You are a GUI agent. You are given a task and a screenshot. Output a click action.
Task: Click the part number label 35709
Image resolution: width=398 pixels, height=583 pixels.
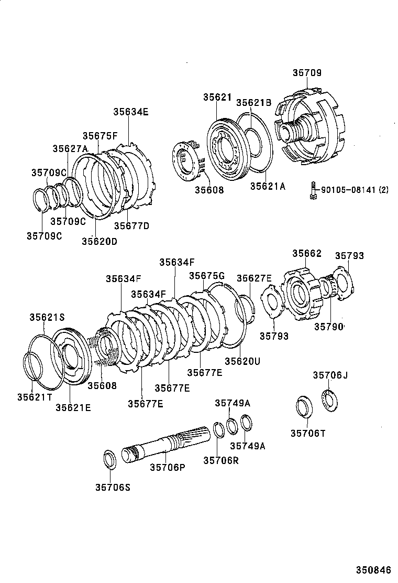click(x=307, y=73)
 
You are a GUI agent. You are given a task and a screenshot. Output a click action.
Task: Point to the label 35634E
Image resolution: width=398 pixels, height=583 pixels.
click(x=130, y=111)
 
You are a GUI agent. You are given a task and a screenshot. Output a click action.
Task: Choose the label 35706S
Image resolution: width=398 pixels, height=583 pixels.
click(x=113, y=487)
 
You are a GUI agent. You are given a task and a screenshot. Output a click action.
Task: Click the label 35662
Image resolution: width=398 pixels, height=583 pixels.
click(x=307, y=253)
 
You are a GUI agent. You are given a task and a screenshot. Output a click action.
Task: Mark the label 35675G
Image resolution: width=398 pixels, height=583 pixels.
click(x=206, y=275)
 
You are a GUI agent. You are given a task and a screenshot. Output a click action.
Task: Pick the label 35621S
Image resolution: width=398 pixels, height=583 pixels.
click(x=47, y=317)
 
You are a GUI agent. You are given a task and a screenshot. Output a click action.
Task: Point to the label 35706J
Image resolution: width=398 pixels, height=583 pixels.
click(x=330, y=375)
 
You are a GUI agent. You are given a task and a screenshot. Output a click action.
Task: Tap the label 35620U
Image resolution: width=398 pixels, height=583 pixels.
click(x=242, y=361)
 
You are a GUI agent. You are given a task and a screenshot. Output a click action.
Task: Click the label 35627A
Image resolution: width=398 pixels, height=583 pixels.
click(x=70, y=148)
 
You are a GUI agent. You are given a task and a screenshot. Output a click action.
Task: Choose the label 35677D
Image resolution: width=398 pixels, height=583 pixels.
click(x=132, y=226)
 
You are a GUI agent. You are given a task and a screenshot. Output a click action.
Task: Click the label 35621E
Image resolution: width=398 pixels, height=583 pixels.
click(x=73, y=407)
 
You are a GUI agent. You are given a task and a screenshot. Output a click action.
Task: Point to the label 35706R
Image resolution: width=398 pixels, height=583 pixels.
click(x=221, y=460)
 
